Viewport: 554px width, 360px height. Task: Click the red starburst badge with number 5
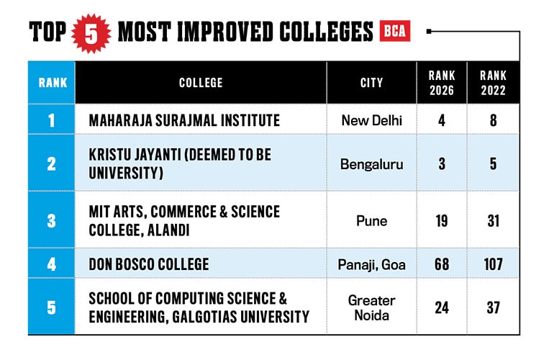91,34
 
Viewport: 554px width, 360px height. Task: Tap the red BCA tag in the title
395,31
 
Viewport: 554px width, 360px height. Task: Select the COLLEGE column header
201,83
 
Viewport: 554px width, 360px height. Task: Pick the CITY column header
372,83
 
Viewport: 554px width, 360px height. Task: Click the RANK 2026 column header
442,83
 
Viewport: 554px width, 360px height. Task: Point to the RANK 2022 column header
494,83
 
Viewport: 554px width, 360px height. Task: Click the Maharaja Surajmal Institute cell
184,120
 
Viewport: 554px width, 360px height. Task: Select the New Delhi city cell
372,120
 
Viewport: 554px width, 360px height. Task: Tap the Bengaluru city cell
372,164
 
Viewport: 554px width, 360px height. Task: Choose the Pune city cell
372,221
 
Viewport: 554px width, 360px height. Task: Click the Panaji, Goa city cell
372,264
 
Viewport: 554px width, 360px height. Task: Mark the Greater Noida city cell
372,307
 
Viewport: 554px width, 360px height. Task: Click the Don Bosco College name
149,264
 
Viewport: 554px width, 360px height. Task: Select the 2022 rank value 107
494,264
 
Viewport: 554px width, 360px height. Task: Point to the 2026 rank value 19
442,221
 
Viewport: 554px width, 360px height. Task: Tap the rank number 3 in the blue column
52,221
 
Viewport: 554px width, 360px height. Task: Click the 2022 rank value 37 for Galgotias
494,307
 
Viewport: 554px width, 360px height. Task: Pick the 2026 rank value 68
442,264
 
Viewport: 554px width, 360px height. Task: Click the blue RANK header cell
53,83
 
